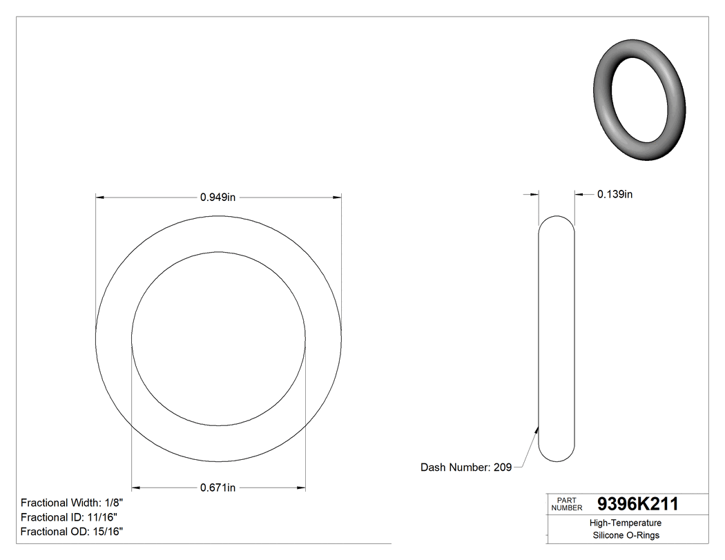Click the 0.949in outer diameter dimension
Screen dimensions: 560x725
[218, 197]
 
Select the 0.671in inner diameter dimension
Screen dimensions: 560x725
[218, 488]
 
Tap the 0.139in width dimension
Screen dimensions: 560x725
[615, 195]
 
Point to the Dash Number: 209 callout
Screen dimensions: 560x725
[466, 467]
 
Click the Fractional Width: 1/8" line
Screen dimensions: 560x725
[72, 503]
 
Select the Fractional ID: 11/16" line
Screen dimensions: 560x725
[69, 517]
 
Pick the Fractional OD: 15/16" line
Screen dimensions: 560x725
[72, 532]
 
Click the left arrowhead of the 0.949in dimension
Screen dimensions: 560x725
[100, 198]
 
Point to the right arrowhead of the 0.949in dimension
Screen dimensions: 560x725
[337, 198]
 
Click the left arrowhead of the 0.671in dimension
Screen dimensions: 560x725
[136, 488]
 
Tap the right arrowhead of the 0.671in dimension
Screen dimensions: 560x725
[301, 488]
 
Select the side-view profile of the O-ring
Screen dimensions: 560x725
[556, 338]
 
